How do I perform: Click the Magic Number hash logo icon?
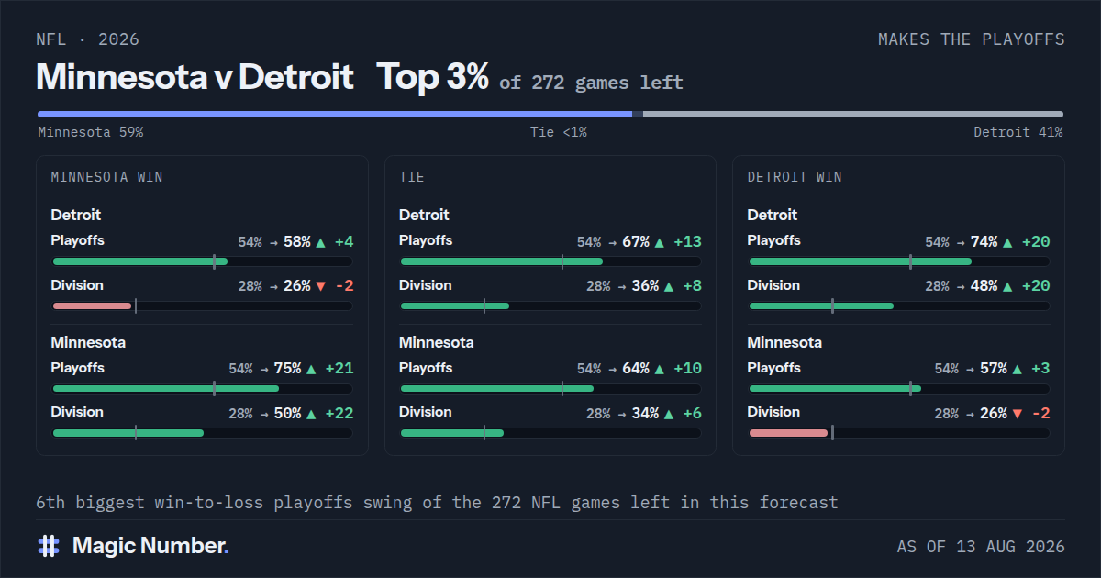pos(49,546)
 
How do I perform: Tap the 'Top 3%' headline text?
pos(432,77)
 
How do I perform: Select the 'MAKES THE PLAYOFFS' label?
pos(972,39)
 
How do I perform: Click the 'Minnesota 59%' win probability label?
pos(91,132)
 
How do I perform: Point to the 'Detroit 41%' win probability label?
pos(1018,132)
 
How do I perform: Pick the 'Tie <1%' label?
pos(559,132)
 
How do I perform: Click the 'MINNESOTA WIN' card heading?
pos(106,177)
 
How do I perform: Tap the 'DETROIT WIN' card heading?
pos(795,177)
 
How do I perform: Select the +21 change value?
pos(339,369)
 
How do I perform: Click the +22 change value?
pos(339,414)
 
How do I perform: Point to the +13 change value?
pos(687,242)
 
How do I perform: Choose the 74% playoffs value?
pos(984,242)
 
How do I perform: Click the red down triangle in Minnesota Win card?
pos(321,286)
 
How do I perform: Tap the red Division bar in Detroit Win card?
pos(788,433)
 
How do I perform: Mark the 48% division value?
pos(984,286)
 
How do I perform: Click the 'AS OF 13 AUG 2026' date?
pos(981,547)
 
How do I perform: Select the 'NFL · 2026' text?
pos(87,39)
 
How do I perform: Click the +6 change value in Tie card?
pos(692,414)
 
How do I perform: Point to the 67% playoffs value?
pos(636,242)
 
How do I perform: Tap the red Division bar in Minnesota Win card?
pos(92,306)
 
